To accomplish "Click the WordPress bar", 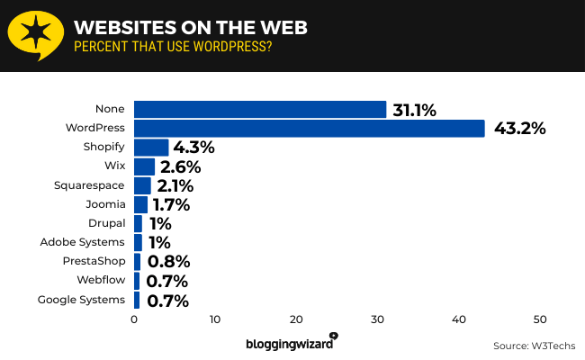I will coord(310,129).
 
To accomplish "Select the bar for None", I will coord(260,110).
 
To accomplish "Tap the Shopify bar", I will coord(151,148).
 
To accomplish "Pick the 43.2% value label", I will coord(519,129).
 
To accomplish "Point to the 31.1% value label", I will coord(414,110).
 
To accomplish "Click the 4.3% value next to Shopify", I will coord(193,148).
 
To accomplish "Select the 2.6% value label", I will coord(180,166).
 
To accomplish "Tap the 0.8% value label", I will coord(168,262).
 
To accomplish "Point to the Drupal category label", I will coord(107,223).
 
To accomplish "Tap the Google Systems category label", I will coord(82,300).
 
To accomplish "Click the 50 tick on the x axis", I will coord(540,319).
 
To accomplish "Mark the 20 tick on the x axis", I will coord(296,319).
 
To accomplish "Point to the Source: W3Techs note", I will coord(534,346).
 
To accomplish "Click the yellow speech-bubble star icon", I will coord(34,35).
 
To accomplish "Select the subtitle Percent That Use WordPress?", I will coord(174,47).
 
